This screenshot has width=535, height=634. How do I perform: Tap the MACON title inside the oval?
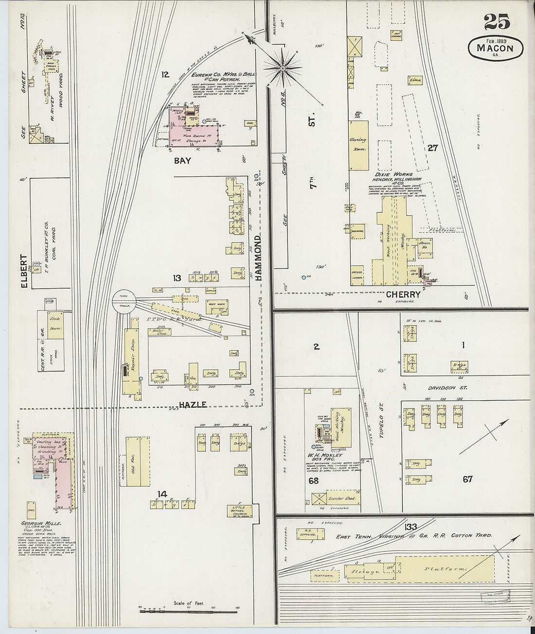pyautogui.click(x=495, y=48)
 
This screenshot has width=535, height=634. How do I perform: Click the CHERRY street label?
pyautogui.click(x=403, y=294)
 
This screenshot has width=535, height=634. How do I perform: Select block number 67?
pyautogui.click(x=467, y=480)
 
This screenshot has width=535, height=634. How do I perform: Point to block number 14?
pyautogui.click(x=162, y=495)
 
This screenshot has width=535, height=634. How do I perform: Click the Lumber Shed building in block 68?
pyautogui.click(x=342, y=498)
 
